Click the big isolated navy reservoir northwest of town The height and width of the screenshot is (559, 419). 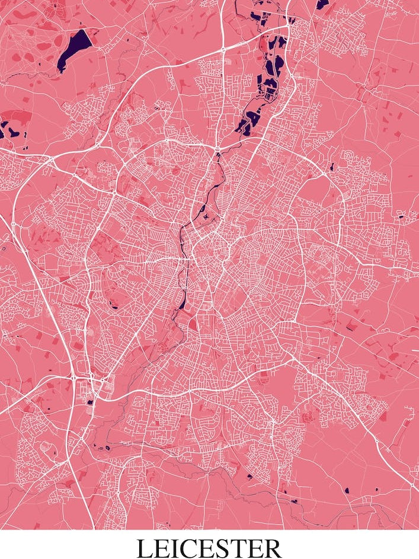pyautogui.click(x=75, y=47)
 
